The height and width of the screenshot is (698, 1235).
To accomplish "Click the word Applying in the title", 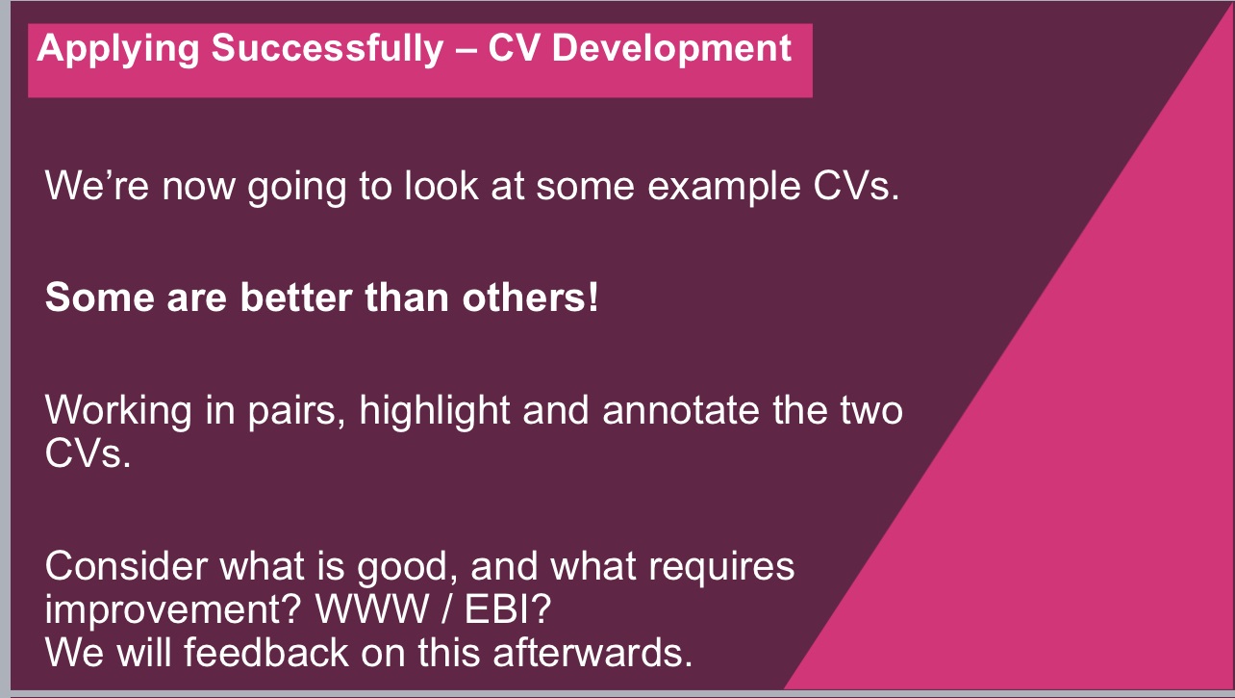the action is (x=118, y=50).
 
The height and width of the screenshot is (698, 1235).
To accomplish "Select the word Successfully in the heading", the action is (x=327, y=50).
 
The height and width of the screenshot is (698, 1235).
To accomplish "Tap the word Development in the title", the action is (x=671, y=50).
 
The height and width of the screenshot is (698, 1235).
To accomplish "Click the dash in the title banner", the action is (x=466, y=51).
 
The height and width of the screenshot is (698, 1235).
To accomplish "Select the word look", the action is (x=441, y=186).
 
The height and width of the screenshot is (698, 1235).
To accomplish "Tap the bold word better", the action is (x=296, y=297).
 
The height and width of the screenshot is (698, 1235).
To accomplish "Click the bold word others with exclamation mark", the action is (x=530, y=297).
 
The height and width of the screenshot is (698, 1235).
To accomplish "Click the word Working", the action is (x=118, y=412).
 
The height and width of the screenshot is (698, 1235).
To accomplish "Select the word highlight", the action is (x=435, y=412).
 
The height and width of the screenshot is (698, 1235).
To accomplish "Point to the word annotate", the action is (x=680, y=411).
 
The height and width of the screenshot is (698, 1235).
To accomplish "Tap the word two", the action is (x=871, y=412).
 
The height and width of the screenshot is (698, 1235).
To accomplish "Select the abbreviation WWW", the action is (x=372, y=609).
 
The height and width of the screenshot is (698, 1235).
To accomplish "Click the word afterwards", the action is (x=592, y=652).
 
